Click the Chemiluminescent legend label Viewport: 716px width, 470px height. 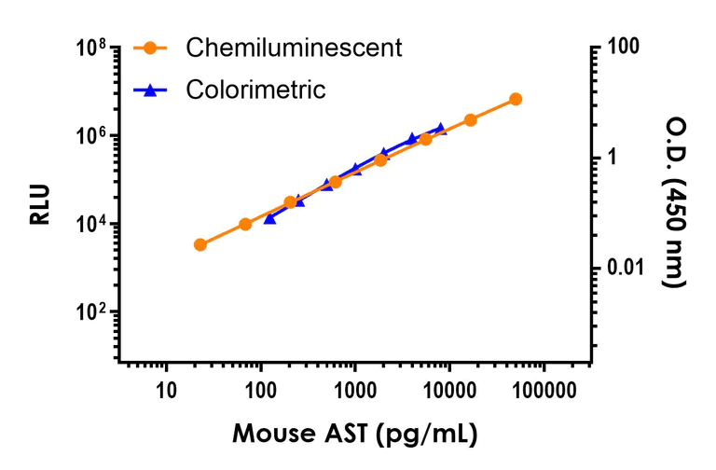point(294,48)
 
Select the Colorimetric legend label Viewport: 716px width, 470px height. point(255,90)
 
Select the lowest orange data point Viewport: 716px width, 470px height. point(200,244)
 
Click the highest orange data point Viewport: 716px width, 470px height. point(516,99)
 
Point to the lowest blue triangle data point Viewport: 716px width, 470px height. point(269,218)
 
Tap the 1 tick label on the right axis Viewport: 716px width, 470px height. point(613,159)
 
